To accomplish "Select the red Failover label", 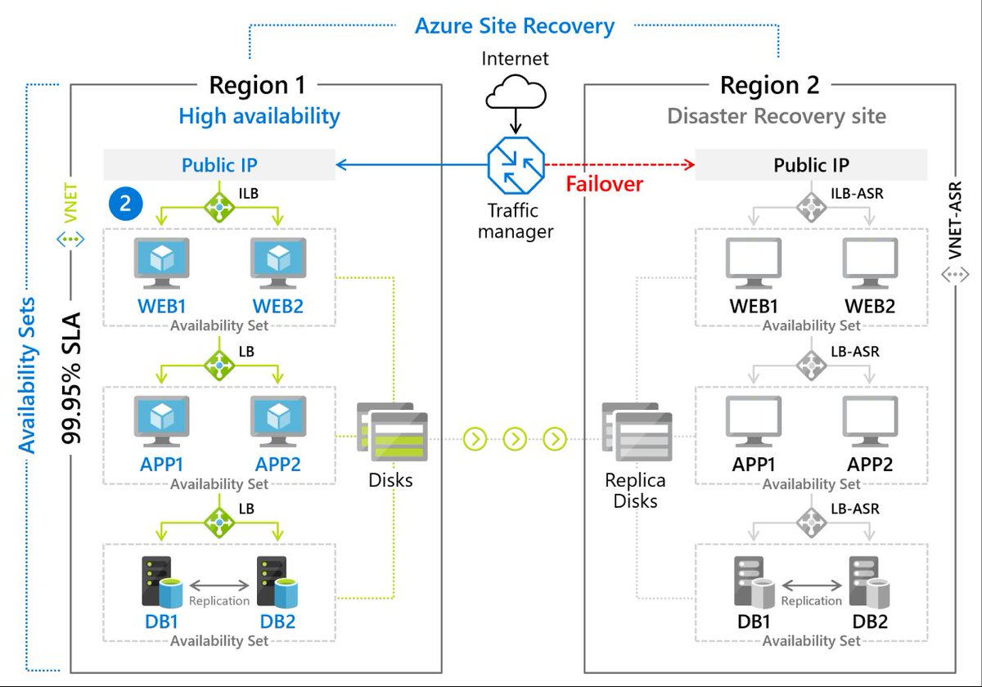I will coord(604,183).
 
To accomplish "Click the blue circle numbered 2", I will coord(125,204).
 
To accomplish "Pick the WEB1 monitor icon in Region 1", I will coord(161,263).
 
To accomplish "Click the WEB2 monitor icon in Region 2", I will coord(870,263).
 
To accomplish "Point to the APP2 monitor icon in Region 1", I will coord(278,421).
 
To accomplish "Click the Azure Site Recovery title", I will coord(514,25).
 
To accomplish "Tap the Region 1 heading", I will coord(260,85).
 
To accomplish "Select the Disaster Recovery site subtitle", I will coord(776,116).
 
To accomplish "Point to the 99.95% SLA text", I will coord(72,375).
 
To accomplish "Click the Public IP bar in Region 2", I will coord(811,165).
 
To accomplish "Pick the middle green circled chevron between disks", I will coord(515,439).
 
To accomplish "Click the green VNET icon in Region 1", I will coord(70,240).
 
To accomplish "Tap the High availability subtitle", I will coord(259,116).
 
